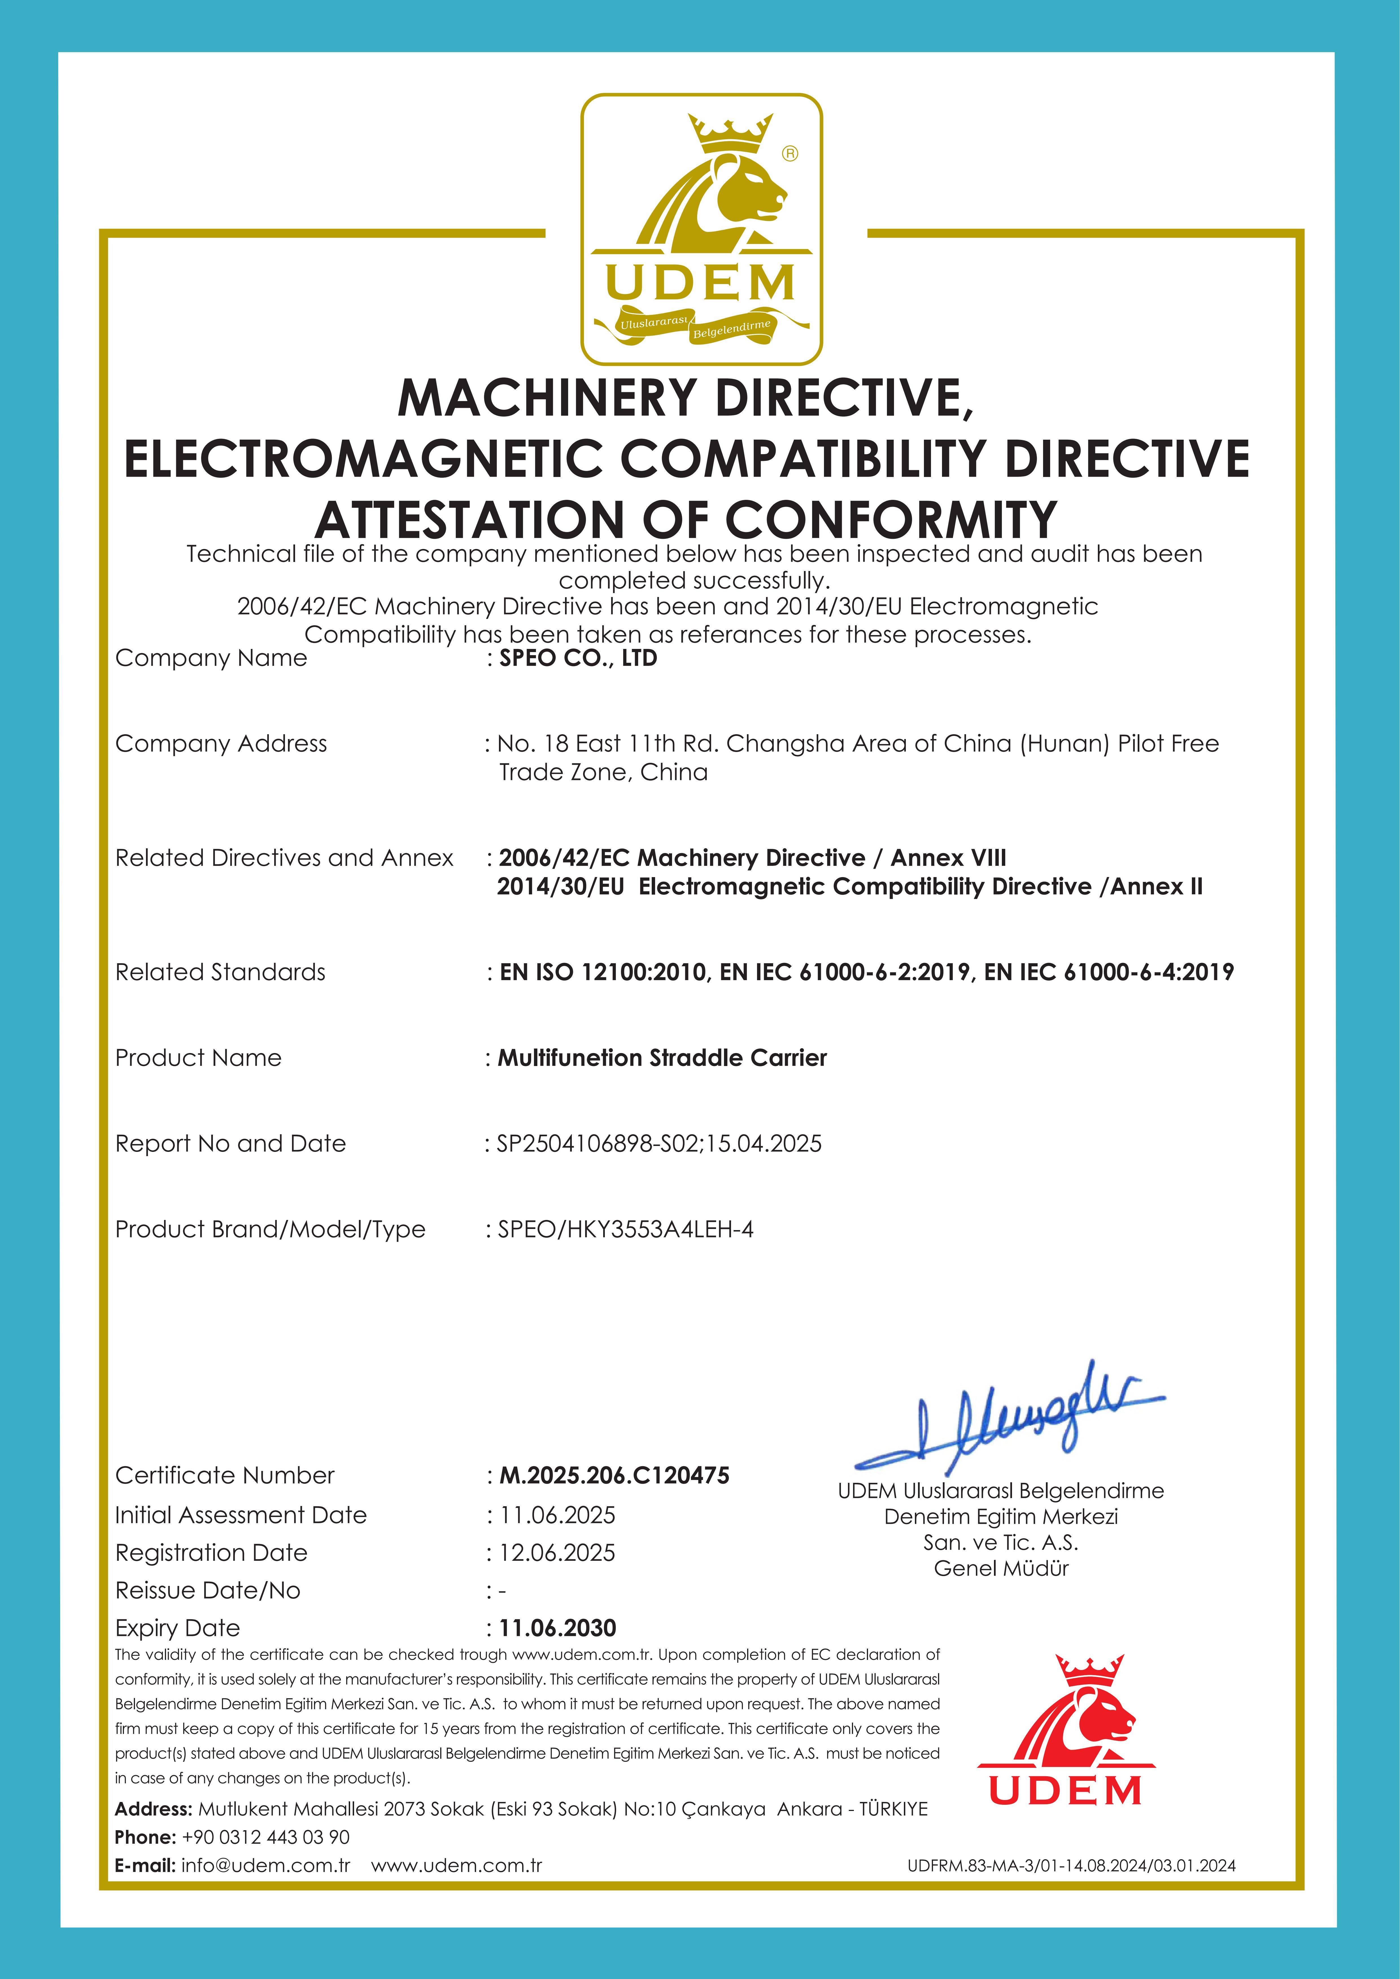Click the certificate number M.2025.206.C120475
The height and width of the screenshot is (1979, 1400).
click(x=614, y=1475)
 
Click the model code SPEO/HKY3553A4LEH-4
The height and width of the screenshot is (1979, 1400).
click(x=625, y=1230)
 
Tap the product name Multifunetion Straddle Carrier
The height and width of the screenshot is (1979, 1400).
click(x=662, y=1058)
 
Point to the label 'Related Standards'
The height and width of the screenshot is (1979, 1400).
click(x=221, y=972)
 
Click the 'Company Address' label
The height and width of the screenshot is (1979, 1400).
click(x=222, y=744)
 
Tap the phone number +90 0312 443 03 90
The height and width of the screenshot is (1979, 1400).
click(x=265, y=1837)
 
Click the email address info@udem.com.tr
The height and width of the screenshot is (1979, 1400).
click(x=265, y=1865)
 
